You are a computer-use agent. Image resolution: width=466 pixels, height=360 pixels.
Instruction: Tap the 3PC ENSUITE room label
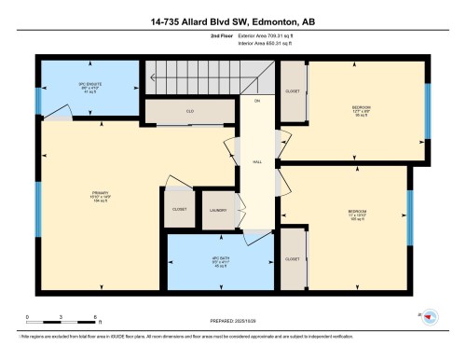click(89, 86)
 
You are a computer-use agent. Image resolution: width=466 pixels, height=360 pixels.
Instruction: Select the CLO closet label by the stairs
click(189, 111)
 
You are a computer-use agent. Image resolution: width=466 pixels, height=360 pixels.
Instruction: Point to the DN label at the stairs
click(256, 101)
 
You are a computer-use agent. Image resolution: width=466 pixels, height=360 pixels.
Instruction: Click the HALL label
click(256, 160)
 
